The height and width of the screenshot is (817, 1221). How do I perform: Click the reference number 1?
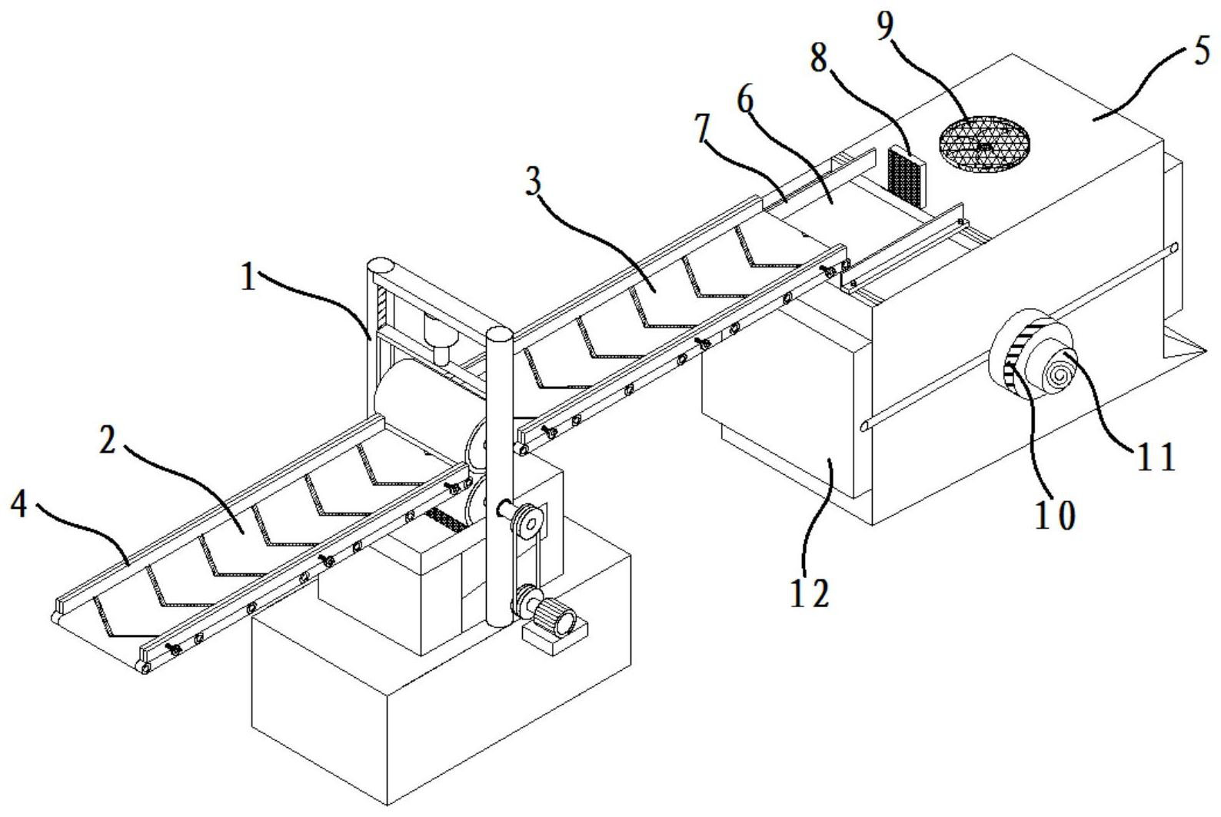(x=248, y=277)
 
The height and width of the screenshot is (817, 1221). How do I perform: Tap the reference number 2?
(x=108, y=440)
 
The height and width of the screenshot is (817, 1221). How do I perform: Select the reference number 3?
(x=533, y=181)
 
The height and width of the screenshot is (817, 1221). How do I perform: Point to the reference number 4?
(x=19, y=504)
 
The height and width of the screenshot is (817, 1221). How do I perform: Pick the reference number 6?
(x=746, y=100)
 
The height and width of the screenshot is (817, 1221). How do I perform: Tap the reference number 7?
(x=704, y=129)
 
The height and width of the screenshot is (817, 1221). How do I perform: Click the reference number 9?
(x=885, y=25)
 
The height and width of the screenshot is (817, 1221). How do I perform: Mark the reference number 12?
(x=810, y=593)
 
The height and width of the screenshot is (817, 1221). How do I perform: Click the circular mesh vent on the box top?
(x=984, y=144)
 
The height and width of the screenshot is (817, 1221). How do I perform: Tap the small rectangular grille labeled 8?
(x=907, y=176)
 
